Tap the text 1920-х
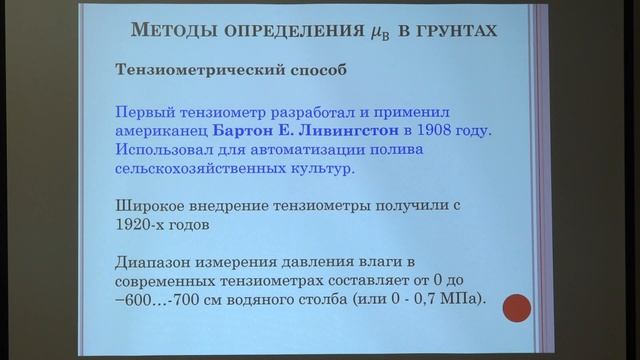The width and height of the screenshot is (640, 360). tap(146, 225)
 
